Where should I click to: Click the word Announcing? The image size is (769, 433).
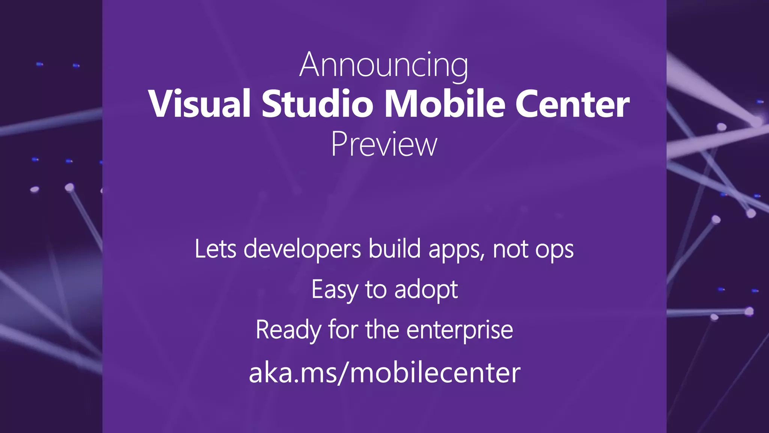[x=384, y=65]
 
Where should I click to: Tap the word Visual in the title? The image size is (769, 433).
[x=199, y=104]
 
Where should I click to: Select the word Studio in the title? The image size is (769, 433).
[x=317, y=104]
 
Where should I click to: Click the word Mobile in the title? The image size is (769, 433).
[x=445, y=104]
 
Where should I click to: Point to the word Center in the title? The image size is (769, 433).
[x=572, y=104]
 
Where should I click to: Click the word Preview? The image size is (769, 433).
[x=384, y=145]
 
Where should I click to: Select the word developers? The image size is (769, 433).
[x=302, y=250]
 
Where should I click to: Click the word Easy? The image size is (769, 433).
[x=335, y=290]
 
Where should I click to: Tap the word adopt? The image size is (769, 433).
[x=426, y=290]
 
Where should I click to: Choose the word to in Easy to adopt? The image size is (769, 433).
[x=375, y=290]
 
